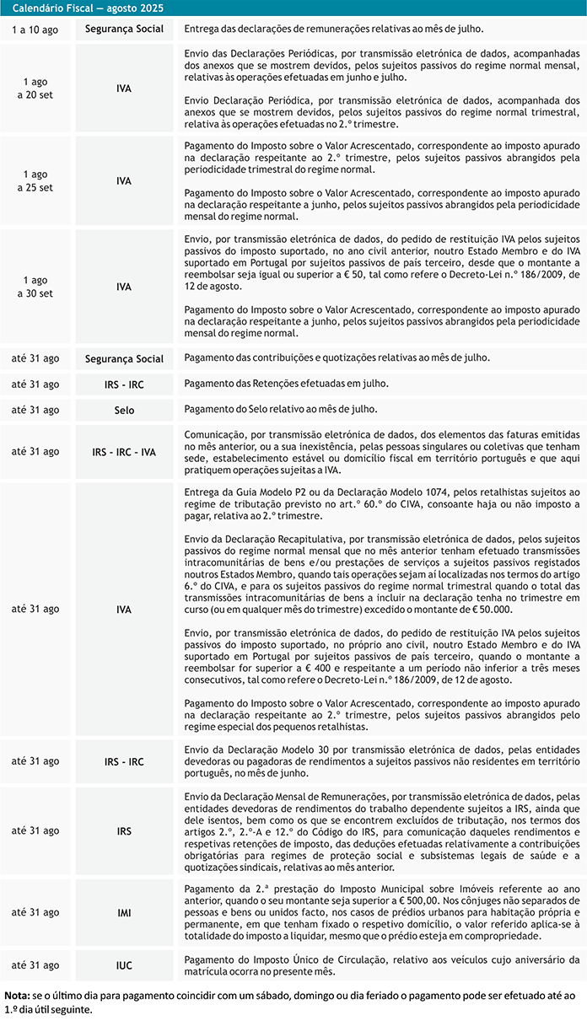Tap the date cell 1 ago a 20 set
coord(35,89)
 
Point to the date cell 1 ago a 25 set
coord(35,181)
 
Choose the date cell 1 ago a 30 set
coord(35,286)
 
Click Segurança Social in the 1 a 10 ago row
coord(125,29)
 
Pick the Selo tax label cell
coord(125,411)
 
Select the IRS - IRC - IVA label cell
coord(125,452)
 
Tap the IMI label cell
coord(125,889)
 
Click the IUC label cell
coord(125,965)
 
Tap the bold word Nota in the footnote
coord(17,996)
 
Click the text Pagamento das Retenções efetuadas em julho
coord(287,384)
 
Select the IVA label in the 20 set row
coord(125,89)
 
